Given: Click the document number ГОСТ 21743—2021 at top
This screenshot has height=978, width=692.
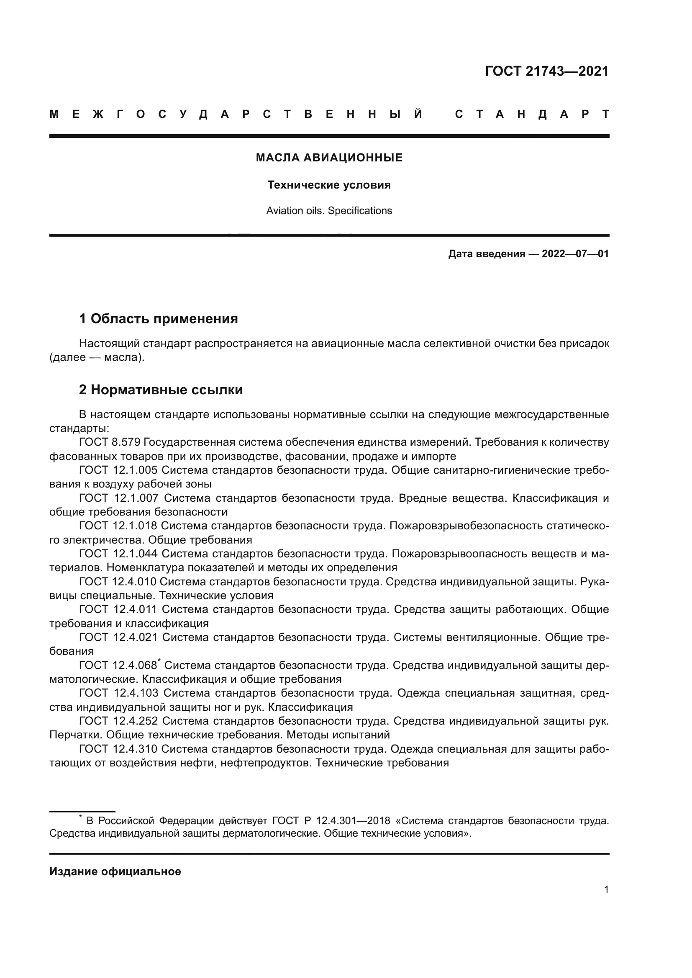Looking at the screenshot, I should pos(547,71).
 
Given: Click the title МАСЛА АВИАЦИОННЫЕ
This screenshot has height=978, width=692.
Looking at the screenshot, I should pos(329,158).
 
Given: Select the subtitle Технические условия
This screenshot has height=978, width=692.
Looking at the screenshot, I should pos(329,185).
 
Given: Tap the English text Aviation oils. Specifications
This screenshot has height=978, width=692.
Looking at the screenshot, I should pos(329,211).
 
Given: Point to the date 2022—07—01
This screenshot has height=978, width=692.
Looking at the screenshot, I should pos(575,254).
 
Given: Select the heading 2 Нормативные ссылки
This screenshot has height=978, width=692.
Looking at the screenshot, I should pos(161,389).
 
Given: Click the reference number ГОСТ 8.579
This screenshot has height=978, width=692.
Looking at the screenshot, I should pos(110,442).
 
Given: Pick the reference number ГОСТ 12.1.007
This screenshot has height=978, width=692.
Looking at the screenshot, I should pos(118,498).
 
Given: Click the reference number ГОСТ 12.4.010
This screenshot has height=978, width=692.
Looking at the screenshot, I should pos(118,582).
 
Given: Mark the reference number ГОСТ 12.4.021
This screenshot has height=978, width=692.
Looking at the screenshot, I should pos(118,638).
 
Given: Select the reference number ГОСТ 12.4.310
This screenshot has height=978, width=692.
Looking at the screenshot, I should pos(118,749).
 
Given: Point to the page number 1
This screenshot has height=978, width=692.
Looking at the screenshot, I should pos(606,890).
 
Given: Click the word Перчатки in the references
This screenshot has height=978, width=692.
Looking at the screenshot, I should pos(75,735).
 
